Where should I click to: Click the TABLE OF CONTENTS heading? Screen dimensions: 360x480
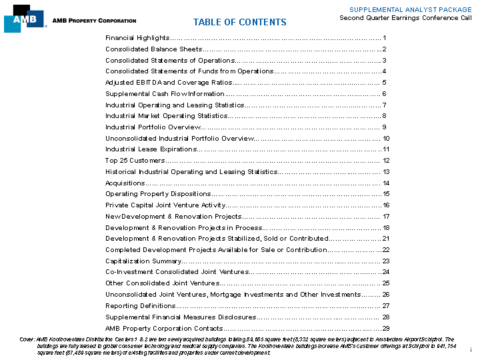point(239,22)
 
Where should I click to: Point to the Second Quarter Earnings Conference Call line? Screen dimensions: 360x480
point(405,18)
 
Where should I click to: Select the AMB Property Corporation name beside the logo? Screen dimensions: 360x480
point(94,21)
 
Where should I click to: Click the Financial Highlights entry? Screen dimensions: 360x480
point(137,38)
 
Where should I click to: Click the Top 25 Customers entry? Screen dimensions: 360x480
point(135,161)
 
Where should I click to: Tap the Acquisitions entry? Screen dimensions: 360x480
point(125,183)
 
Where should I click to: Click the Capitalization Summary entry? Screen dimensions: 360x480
point(143,261)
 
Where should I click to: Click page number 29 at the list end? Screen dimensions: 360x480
point(385,328)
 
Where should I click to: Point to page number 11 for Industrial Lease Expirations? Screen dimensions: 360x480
point(385,149)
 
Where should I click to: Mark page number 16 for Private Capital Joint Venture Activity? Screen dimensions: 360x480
point(385,205)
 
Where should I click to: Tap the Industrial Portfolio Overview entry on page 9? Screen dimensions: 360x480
point(152,127)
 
